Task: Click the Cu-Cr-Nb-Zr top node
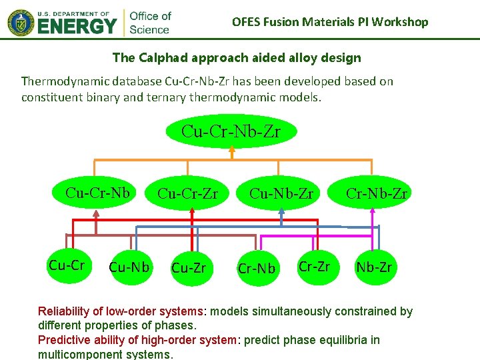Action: tap(231, 131)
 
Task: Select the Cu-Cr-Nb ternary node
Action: tap(97, 193)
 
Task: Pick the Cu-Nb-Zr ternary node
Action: tap(281, 193)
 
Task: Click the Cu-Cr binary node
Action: tap(66, 265)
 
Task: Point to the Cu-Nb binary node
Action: tap(129, 268)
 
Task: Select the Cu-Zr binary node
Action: tap(189, 268)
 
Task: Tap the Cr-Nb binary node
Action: tap(257, 269)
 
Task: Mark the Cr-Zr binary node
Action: tap(314, 266)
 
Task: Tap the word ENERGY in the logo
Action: tap(77, 27)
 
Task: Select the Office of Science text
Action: tap(150, 22)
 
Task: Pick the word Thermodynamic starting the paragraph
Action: tap(63, 81)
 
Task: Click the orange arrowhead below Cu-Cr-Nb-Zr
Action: tap(231, 151)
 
